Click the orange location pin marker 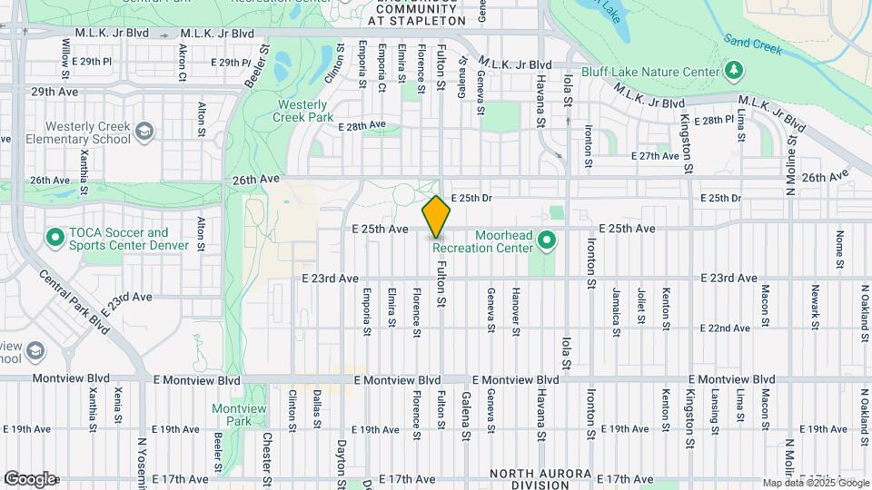click(436, 217)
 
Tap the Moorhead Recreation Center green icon click(546, 240)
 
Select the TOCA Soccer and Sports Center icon click(54, 240)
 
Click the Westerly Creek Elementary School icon click(144, 132)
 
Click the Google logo click(30, 479)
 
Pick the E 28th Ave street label click(362, 125)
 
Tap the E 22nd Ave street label click(727, 328)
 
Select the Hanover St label click(515, 311)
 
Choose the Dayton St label click(342, 463)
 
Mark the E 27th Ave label click(655, 156)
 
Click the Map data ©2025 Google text click(815, 483)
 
